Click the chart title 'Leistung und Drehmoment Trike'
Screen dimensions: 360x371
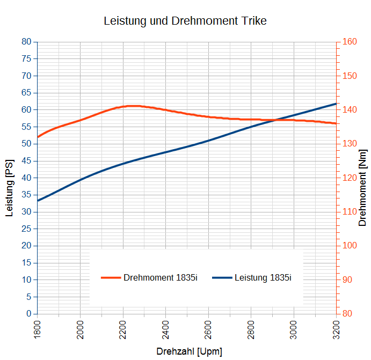tap(185, 21)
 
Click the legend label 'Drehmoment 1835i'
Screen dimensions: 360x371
tap(161, 277)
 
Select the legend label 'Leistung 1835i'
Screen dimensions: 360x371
tap(263, 277)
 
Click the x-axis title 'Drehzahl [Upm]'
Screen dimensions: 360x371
tap(189, 352)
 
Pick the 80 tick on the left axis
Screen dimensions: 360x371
tap(26, 42)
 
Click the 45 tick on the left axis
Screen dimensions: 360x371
tap(26, 161)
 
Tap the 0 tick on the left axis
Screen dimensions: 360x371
tap(28, 314)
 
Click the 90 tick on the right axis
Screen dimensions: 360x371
tap(347, 280)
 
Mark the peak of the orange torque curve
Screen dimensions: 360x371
tap(133, 106)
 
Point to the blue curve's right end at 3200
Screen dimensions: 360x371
tap(336, 104)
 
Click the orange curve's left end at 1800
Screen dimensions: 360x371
tap(38, 137)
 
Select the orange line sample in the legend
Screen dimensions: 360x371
tap(111, 277)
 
